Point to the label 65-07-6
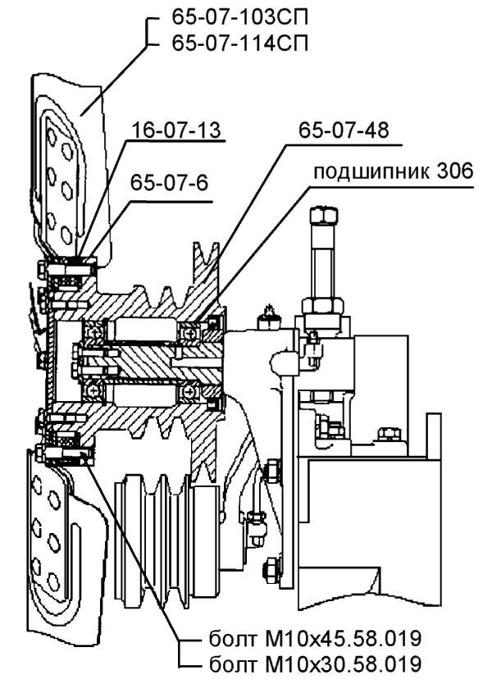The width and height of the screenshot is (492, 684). point(168,185)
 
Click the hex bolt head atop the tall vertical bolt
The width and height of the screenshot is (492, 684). point(321,217)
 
